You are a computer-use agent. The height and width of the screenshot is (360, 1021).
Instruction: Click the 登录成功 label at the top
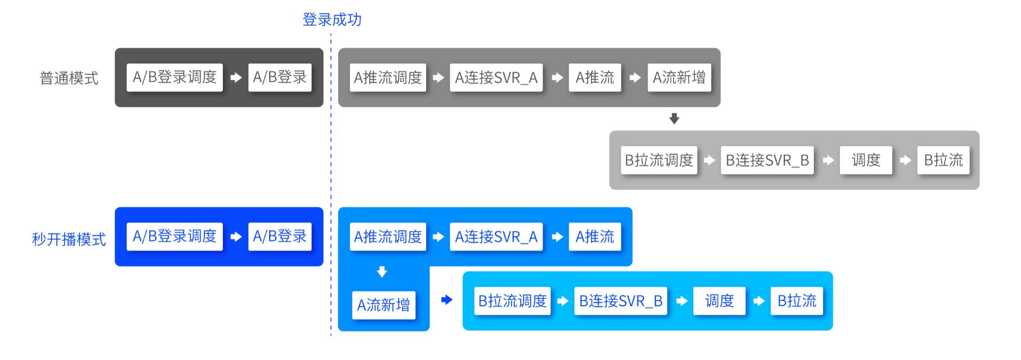[x=332, y=20]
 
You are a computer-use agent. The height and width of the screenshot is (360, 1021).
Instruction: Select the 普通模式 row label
[x=69, y=78]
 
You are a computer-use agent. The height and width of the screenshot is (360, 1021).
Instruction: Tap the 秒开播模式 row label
[x=69, y=239]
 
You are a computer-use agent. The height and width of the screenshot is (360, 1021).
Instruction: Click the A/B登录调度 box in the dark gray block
[x=175, y=77]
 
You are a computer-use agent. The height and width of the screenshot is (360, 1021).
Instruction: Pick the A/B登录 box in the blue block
[x=279, y=237]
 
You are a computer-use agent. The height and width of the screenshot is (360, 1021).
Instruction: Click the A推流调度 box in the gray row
[x=388, y=78]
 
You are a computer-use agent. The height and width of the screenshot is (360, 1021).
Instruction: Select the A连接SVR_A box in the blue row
[x=496, y=237]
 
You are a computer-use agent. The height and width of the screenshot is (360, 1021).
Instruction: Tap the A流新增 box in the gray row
[x=678, y=78]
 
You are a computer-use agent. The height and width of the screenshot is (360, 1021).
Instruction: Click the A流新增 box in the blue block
[x=383, y=305]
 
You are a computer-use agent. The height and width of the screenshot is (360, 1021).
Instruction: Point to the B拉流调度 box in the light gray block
[x=659, y=160]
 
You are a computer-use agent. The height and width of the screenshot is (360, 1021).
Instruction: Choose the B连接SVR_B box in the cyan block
[x=620, y=301]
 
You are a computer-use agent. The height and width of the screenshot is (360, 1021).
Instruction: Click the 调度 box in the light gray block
[x=866, y=160]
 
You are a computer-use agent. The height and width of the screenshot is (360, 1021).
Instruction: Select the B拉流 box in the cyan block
[x=796, y=301]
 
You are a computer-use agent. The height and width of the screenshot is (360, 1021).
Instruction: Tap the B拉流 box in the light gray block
[x=943, y=160]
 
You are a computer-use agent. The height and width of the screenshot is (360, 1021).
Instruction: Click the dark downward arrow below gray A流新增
[x=674, y=119]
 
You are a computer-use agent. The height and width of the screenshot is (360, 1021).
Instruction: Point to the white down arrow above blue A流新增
[x=382, y=272]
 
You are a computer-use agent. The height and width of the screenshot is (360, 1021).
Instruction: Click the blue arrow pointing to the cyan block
[x=446, y=300]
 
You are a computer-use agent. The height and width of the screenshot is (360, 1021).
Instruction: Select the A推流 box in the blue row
[x=594, y=237]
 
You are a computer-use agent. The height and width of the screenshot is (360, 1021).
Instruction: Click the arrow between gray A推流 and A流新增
[x=634, y=78]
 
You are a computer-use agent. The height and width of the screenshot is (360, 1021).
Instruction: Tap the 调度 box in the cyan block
[x=719, y=301]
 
